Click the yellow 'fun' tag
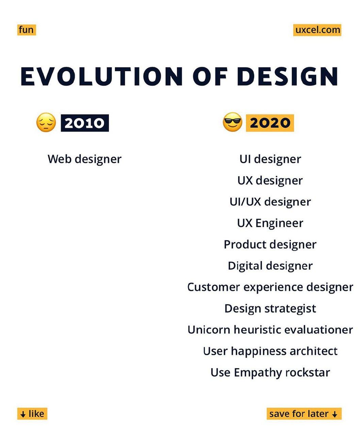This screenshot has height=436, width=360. pyautogui.click(x=27, y=30)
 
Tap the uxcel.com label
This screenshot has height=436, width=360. pyautogui.click(x=317, y=30)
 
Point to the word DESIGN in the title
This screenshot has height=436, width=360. pyautogui.click(x=287, y=76)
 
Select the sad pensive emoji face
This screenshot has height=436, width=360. pyautogui.click(x=46, y=123)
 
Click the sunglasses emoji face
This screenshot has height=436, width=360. pyautogui.click(x=232, y=122)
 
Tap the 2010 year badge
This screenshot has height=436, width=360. pyautogui.click(x=85, y=123)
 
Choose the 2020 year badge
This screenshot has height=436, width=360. pyautogui.click(x=270, y=123)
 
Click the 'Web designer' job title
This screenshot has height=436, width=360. pyautogui.click(x=84, y=159)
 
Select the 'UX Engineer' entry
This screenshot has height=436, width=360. pyautogui.click(x=270, y=223)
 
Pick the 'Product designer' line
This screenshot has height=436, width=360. pyautogui.click(x=270, y=245)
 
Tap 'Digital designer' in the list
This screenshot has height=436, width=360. pyautogui.click(x=270, y=266)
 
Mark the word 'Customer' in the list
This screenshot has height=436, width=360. pyautogui.click(x=214, y=287)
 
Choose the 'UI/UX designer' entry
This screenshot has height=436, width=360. pyautogui.click(x=270, y=202)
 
